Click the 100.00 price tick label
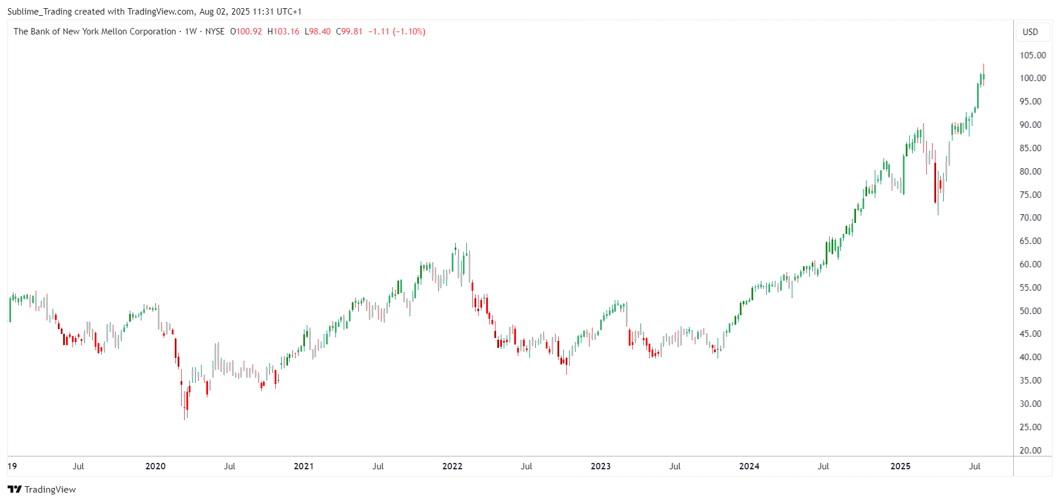point(1033,78)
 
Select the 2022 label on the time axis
point(452,466)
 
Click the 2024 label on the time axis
point(749,466)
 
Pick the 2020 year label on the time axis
point(155,466)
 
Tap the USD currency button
point(1030,32)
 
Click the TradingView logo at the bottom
point(41,489)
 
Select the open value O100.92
point(246,32)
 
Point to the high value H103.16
point(283,32)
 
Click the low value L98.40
point(318,32)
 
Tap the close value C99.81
point(349,32)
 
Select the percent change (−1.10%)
point(409,32)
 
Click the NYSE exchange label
point(215,32)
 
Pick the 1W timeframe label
point(190,32)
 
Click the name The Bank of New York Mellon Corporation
point(95,32)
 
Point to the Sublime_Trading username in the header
point(39,12)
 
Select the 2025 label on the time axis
point(900,466)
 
